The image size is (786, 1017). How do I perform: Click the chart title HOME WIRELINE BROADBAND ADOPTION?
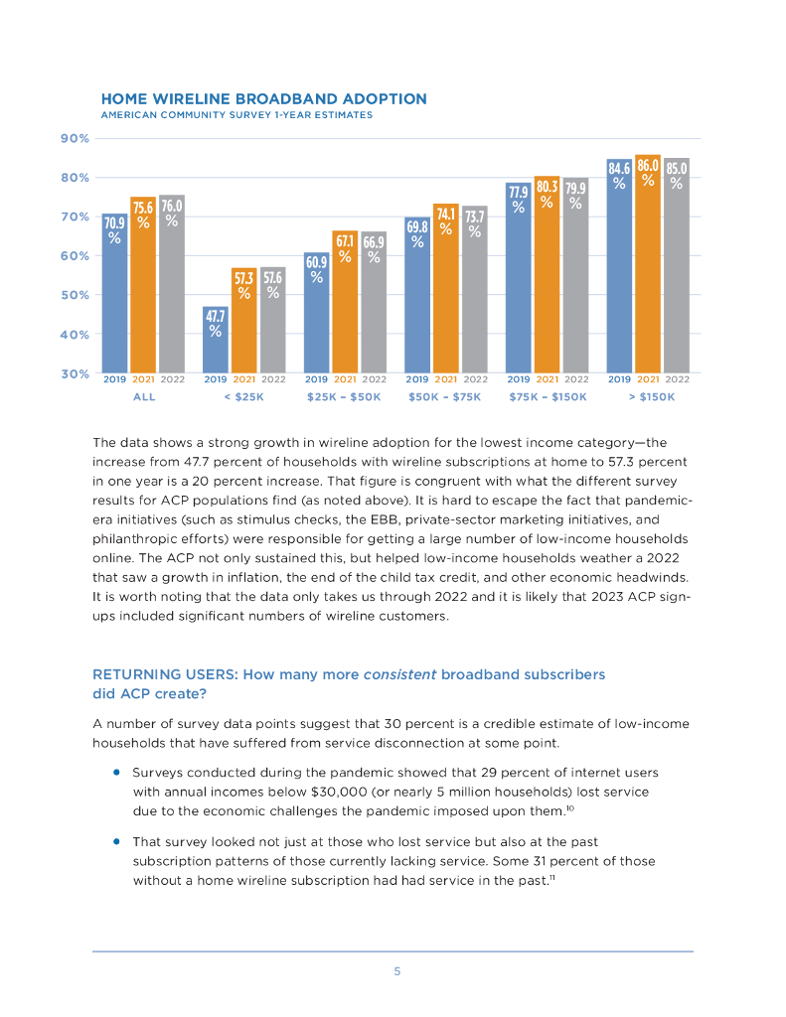click(264, 99)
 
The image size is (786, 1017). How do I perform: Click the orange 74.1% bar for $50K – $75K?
click(446, 288)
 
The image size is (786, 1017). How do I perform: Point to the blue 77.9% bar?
click(518, 278)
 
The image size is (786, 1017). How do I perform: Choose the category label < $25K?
click(243, 396)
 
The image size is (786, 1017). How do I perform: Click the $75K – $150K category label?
click(548, 396)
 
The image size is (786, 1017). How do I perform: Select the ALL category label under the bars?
click(144, 396)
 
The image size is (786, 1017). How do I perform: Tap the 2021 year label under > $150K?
click(648, 378)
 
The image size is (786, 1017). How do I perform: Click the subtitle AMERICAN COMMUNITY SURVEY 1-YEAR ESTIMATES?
click(236, 115)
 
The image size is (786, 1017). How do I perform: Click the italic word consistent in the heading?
click(399, 674)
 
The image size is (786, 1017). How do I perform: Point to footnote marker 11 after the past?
click(552, 877)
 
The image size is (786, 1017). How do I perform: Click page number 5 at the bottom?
click(396, 971)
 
